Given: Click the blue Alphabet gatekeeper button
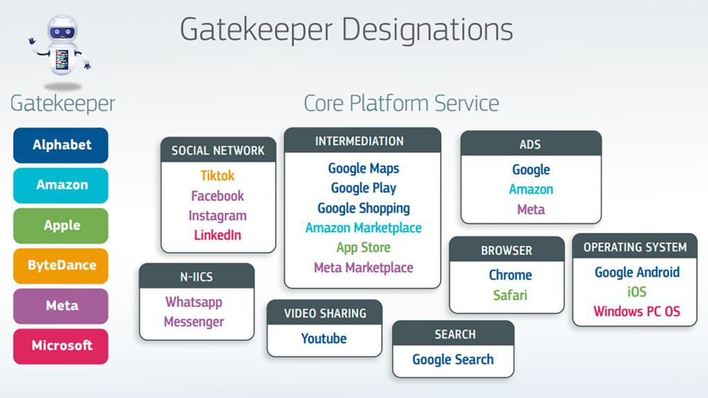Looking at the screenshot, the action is pos(61,145).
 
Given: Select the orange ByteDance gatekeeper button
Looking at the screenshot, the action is pos(61,266).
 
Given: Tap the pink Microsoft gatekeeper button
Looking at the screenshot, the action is pos(61,346).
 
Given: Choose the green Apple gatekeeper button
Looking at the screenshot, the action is pos(61,226).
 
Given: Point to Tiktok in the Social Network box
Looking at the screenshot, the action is pos(218,176).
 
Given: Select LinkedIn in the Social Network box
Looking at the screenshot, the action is pos(218,235).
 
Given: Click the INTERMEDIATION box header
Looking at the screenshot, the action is pos(362,140).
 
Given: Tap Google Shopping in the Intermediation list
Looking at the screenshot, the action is pos(364,208).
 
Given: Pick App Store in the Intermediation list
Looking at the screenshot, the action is pos(364,247).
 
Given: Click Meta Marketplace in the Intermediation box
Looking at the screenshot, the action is pos(364,267).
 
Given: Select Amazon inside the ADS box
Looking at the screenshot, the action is pos(531,189).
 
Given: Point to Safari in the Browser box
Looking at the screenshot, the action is pos(510,295).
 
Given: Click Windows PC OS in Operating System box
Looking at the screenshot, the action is pos(637,312).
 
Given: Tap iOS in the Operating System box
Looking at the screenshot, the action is pos(637,292).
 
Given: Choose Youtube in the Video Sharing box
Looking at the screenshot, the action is pos(324,339).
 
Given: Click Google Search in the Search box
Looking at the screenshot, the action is pos(453,359).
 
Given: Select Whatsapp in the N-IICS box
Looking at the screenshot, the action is pos(194,302).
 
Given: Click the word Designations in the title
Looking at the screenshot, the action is pos(427,30).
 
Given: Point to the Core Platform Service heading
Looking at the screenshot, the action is pos(402,104).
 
